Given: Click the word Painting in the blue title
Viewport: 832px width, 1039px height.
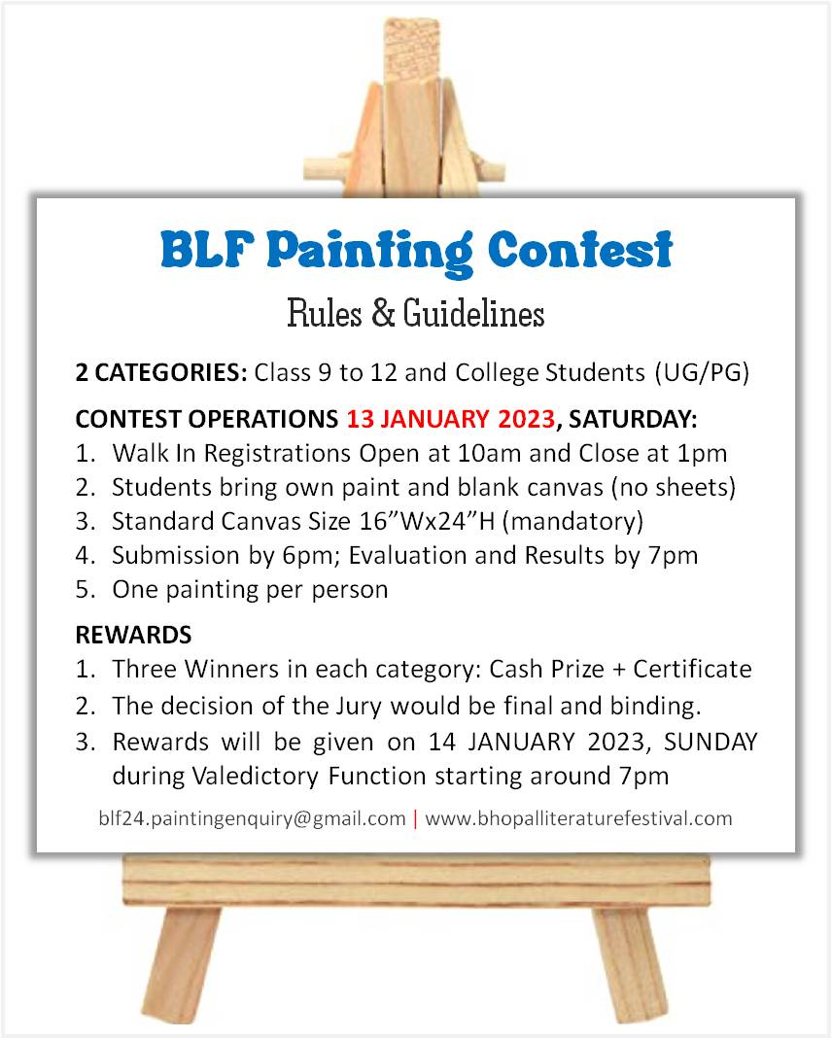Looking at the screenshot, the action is click(370, 253).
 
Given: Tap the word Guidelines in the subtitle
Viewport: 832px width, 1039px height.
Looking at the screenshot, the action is click(473, 313).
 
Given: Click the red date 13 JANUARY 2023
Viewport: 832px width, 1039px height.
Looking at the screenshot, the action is click(450, 419).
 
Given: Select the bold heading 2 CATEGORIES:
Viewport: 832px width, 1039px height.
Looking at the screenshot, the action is click(161, 372).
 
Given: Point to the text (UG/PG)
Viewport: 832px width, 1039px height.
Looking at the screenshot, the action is click(702, 373).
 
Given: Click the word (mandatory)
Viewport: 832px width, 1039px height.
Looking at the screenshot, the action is click(573, 522).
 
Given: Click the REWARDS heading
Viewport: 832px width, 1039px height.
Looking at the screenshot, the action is click(134, 635).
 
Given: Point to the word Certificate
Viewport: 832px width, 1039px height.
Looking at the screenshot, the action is click(692, 670).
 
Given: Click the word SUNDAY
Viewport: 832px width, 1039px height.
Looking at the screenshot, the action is click(711, 743).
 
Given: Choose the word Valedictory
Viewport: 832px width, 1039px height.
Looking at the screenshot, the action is click(255, 776).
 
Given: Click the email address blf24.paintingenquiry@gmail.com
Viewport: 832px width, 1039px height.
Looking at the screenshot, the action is click(252, 819).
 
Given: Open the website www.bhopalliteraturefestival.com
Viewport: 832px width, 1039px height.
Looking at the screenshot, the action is click(578, 818).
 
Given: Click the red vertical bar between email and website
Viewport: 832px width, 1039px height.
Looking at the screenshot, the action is click(415, 819).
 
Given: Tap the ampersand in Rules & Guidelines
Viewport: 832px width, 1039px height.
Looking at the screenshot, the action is click(383, 313).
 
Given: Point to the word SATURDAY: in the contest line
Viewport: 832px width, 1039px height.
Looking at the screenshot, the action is click(633, 419).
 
